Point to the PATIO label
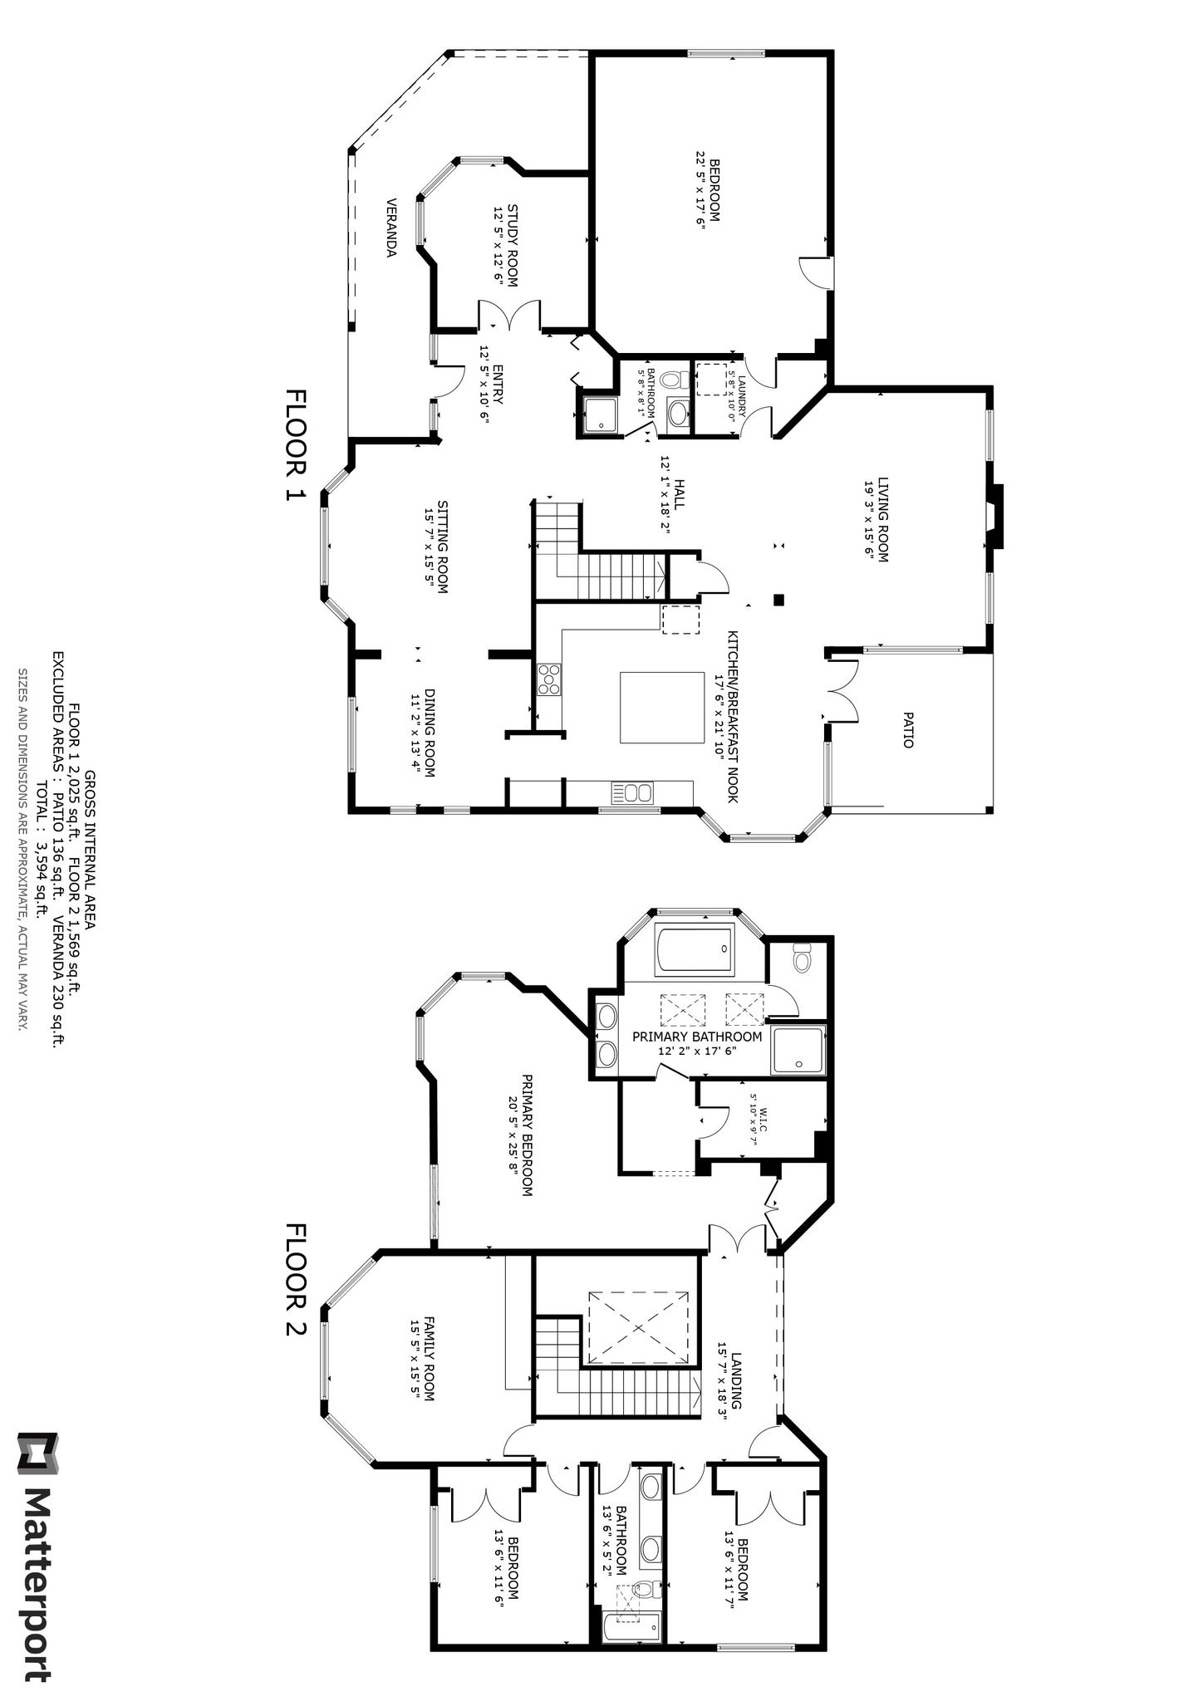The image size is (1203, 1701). tap(907, 729)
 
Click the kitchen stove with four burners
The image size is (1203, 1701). tap(549, 678)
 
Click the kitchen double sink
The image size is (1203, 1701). tap(633, 792)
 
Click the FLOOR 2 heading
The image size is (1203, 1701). tap(296, 1280)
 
